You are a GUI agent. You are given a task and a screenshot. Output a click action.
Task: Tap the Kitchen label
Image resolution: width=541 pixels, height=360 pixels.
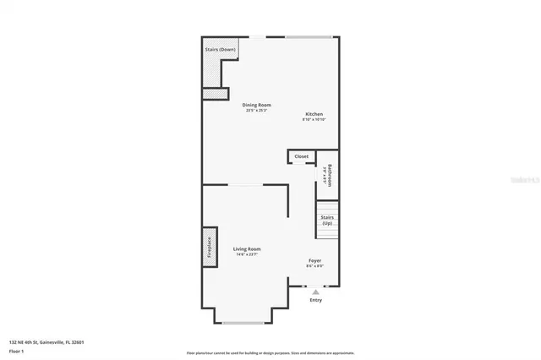[314, 114]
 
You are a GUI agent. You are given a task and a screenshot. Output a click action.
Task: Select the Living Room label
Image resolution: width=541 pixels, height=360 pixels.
[247, 248]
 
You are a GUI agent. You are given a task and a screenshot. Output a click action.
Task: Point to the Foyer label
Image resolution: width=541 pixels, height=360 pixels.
[314, 260]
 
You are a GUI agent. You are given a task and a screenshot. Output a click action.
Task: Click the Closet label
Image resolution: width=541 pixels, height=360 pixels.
[301, 156]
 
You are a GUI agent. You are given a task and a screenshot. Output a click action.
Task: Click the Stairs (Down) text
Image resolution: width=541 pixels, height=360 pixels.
[220, 50]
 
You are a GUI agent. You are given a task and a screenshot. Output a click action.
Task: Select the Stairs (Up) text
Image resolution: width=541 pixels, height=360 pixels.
[327, 220]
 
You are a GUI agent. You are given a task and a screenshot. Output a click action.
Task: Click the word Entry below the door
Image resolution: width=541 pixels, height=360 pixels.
[316, 300]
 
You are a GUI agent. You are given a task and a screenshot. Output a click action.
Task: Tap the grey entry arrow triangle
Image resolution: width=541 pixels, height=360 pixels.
[316, 292]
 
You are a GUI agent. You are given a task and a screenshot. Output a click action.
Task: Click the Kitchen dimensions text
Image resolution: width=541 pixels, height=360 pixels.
[314, 120]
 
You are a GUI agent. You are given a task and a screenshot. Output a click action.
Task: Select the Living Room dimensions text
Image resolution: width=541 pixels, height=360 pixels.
[247, 254]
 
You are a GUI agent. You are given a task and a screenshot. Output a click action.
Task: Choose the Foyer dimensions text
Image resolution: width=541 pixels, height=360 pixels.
[314, 266]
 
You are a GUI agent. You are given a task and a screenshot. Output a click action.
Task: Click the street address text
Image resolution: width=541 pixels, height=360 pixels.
[46, 341]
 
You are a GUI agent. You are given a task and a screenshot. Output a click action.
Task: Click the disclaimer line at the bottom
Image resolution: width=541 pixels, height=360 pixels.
[270, 352]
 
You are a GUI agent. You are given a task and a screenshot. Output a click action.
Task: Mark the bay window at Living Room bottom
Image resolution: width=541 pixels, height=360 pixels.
[243, 322]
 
